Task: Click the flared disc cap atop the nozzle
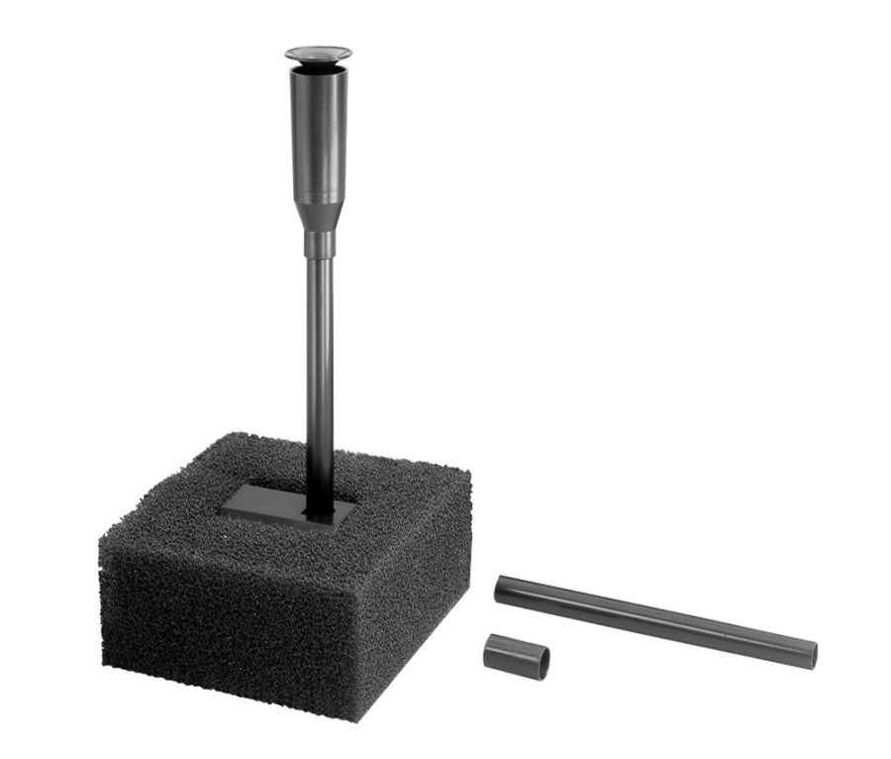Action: click(x=318, y=54)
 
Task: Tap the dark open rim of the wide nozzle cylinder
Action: click(x=318, y=71)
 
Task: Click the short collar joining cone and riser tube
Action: click(x=319, y=243)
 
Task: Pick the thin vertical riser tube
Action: click(x=319, y=367)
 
